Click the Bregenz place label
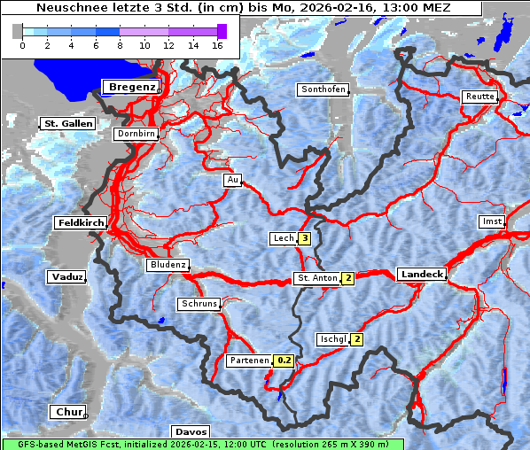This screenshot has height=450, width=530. click(132, 87)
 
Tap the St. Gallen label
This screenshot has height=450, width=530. click(67, 124)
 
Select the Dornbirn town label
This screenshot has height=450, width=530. click(136, 135)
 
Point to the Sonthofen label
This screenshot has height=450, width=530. click(323, 89)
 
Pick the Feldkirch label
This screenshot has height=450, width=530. click(81, 222)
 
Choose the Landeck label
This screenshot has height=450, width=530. click(421, 275)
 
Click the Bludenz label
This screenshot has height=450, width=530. click(168, 265)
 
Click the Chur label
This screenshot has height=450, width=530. click(67, 412)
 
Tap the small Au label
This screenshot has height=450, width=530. click(232, 180)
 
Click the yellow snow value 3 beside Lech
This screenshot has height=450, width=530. click(305, 238)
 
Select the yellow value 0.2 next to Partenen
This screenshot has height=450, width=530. click(284, 361)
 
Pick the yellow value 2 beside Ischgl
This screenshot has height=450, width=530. click(356, 339)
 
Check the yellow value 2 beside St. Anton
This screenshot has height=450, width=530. click(348, 278)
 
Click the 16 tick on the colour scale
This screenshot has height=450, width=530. click(217, 45)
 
